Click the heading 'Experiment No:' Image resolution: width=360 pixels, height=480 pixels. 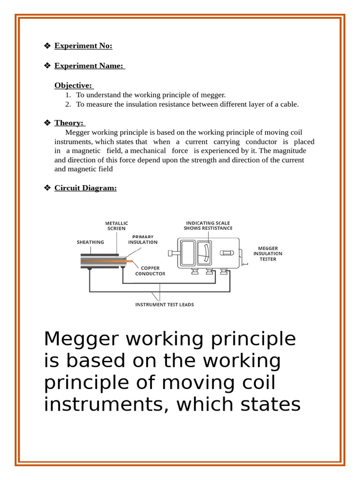[83, 45]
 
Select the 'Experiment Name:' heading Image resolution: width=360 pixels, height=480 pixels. [89, 66]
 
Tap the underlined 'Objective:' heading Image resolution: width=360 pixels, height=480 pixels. [74, 85]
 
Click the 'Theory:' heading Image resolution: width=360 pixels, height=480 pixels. [68, 123]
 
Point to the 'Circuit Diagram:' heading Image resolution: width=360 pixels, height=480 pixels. [85, 188]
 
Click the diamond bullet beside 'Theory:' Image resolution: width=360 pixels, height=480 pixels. [47, 123]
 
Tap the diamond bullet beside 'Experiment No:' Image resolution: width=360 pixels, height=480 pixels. [47, 45]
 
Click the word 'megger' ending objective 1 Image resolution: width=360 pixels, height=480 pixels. [213, 95]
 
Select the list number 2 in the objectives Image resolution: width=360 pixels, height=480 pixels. [68, 104]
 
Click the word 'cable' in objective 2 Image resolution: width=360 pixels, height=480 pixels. [288, 104]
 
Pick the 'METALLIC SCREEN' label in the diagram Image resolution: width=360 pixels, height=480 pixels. [116, 226]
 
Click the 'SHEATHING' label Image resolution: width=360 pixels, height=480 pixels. [90, 242]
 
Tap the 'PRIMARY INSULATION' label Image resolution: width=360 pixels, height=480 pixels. [143, 240]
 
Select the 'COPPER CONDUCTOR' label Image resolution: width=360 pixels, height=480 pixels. [150, 271]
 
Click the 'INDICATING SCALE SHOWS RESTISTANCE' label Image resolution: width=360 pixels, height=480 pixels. [208, 225]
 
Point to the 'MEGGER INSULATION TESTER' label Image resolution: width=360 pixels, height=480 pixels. [268, 254]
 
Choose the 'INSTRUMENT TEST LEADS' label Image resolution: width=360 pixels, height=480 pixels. [165, 305]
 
